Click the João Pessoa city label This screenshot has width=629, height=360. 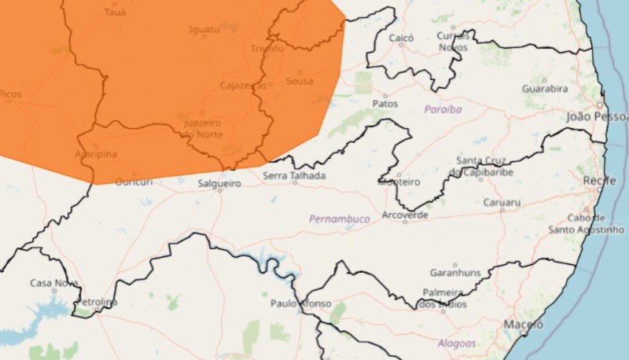click(x=597, y=117)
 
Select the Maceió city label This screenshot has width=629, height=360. click(x=524, y=324)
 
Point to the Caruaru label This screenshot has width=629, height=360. click(x=502, y=202)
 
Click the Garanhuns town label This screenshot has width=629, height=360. click(x=454, y=273)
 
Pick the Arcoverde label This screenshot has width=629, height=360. click(x=404, y=214)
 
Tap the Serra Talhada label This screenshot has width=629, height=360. click(x=293, y=175)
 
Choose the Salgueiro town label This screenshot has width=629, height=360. click(x=219, y=183)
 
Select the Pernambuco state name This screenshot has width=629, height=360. click(x=339, y=219)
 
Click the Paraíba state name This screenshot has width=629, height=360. click(x=443, y=109)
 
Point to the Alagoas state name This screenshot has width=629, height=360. click(x=457, y=343)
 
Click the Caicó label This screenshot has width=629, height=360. click(x=401, y=37)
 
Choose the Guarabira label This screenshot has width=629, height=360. click(x=545, y=89)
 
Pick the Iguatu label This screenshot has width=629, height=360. click(x=204, y=30)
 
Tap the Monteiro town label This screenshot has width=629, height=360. click(x=399, y=182)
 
